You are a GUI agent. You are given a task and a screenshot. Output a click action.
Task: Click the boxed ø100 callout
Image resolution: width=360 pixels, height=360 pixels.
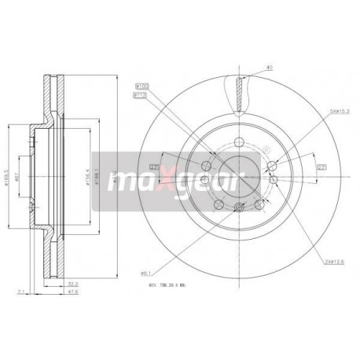[143, 85]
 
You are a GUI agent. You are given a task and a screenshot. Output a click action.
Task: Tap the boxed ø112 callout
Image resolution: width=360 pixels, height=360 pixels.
[143, 94]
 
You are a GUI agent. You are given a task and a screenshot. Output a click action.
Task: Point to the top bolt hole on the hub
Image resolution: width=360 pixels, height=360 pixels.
[237, 141]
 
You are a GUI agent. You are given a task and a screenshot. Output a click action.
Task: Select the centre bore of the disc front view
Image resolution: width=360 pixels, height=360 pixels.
[237, 174]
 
